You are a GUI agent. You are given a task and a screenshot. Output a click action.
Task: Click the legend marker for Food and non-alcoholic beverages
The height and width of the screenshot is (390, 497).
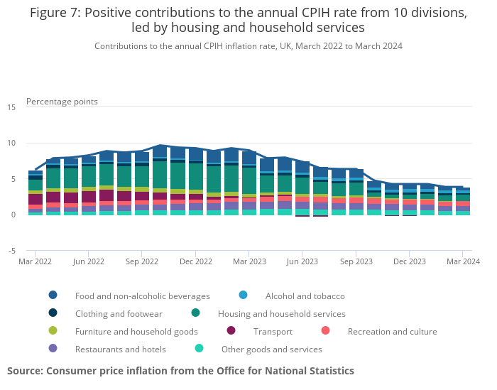point(53,296)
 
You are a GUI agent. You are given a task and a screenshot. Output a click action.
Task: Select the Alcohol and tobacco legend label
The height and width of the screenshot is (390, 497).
point(305,296)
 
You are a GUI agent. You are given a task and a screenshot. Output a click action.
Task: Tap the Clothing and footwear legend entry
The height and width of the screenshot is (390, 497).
point(119,313)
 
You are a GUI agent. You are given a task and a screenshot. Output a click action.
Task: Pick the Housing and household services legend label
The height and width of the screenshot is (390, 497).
point(282,313)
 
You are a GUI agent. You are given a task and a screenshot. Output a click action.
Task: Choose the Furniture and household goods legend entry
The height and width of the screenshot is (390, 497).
point(136,331)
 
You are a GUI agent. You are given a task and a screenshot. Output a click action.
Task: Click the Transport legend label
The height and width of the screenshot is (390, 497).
point(273,331)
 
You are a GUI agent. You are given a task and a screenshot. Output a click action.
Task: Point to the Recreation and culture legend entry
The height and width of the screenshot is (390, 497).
point(392,331)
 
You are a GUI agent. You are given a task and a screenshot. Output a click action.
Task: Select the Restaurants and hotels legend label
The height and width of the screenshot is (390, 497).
point(120,349)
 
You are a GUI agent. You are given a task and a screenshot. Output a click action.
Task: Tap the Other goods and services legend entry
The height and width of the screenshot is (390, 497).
point(271,349)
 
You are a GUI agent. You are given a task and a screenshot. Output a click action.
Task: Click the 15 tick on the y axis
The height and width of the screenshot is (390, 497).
point(11,107)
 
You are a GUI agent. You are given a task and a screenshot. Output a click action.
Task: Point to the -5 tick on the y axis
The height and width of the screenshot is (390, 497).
point(11,251)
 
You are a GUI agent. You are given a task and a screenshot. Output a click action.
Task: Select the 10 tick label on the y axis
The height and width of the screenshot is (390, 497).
point(11,143)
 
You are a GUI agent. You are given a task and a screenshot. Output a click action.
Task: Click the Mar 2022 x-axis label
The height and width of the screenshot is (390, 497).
point(35,261)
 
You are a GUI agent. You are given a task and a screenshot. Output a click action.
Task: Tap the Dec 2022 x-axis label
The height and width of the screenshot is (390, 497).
point(195,261)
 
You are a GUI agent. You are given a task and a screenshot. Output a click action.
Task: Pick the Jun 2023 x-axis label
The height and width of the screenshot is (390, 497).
point(302,261)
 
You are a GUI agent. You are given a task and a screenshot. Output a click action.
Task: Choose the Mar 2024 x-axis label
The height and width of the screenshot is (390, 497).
point(462,261)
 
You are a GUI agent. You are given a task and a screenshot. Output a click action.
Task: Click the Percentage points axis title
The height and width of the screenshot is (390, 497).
point(62,102)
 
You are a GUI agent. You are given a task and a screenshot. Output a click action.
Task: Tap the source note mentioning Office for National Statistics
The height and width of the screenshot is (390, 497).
point(180,371)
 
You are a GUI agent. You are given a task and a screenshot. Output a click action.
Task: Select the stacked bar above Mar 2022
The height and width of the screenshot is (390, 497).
point(35,193)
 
